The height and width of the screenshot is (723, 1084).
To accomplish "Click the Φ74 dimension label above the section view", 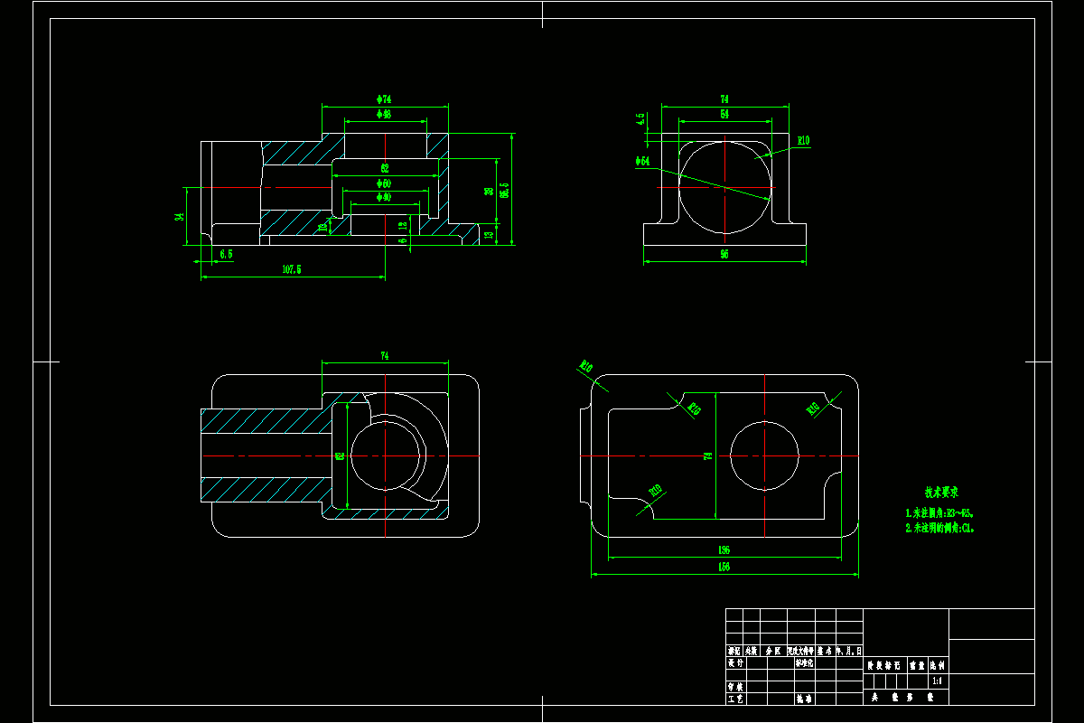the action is [384, 99].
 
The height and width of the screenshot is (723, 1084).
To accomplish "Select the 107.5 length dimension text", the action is [292, 269].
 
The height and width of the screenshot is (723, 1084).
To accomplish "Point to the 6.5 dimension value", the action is [226, 254].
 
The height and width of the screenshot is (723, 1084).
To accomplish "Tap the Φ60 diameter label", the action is [384, 183].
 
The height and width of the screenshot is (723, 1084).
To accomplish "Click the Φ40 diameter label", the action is [384, 197].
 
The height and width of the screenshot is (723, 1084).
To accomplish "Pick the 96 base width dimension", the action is [724, 255].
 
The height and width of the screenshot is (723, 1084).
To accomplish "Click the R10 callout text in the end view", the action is [803, 140].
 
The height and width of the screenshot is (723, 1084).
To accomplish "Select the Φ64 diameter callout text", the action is [642, 161].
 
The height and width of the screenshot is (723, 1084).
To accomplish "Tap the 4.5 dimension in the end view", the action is [641, 118].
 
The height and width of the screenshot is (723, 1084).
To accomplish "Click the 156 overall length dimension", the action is [724, 567].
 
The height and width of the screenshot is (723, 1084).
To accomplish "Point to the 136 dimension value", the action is [724, 549].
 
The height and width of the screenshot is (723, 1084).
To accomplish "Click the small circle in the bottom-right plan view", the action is [764, 455].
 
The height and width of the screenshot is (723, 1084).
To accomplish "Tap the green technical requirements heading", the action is [940, 493].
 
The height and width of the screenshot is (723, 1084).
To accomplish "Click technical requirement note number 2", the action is [939, 528].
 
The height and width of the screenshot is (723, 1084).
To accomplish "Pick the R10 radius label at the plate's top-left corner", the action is [585, 367].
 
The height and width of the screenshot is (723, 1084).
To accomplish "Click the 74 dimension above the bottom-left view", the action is [384, 356].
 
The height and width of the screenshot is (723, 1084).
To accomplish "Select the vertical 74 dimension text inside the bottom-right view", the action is [708, 455].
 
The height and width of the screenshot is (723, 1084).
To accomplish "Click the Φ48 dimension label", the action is [384, 115].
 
